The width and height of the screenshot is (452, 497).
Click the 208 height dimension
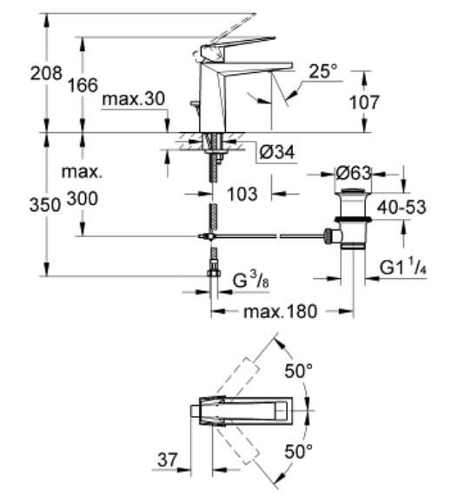(46, 74)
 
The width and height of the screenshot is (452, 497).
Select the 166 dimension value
(83, 85)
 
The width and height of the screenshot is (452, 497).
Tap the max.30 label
(134, 99)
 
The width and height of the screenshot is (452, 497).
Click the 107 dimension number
(364, 103)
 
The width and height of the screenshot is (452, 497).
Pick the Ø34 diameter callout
(277, 152)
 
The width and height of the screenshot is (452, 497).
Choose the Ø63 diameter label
(353, 174)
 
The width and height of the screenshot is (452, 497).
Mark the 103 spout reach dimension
(242, 194)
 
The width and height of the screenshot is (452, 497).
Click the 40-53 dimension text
(402, 208)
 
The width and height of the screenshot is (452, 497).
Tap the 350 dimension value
(45, 205)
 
